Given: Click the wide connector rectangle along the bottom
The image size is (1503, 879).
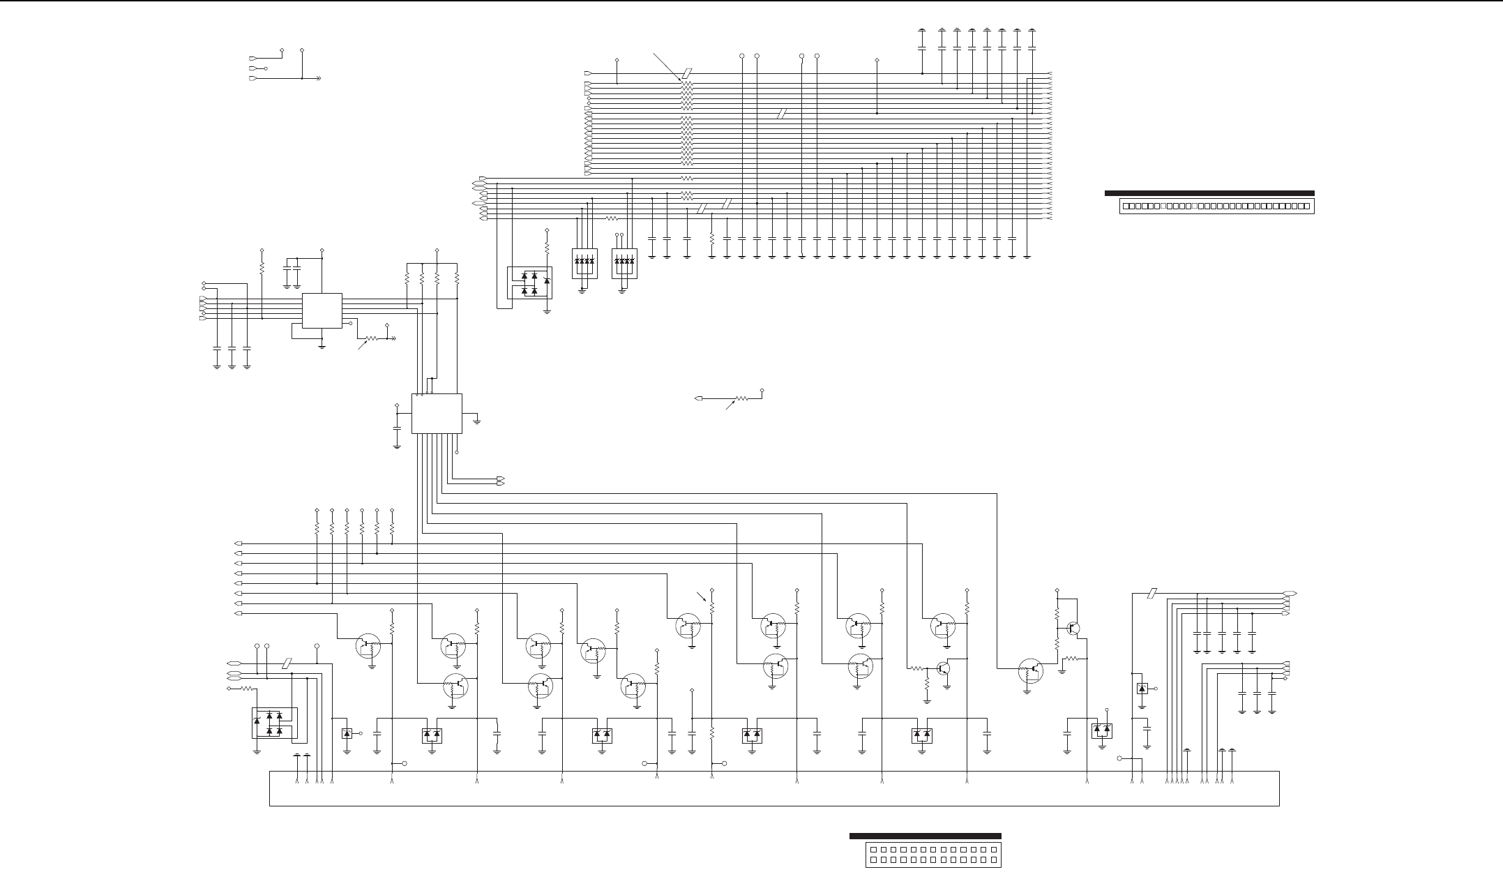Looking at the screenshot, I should click(774, 788).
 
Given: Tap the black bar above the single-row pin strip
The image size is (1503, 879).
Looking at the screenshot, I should click(1209, 193).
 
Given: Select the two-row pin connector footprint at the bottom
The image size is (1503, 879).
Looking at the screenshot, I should click(933, 855).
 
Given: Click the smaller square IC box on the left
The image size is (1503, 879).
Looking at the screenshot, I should click(322, 311).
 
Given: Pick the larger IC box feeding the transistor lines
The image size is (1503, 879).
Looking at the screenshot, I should click(437, 413).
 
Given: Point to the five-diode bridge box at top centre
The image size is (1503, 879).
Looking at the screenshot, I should click(529, 285).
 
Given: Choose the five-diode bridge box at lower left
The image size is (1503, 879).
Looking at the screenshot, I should click(273, 723).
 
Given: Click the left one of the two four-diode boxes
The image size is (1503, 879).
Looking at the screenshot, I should click(584, 264).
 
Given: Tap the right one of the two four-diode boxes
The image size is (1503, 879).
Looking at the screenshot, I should click(624, 264).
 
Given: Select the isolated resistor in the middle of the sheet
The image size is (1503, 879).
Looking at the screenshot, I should click(741, 398).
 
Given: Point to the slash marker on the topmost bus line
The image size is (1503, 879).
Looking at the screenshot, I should click(688, 73).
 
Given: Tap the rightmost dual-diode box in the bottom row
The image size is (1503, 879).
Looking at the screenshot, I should click(1101, 731).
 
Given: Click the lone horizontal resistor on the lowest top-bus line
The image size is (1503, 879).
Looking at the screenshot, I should click(612, 218).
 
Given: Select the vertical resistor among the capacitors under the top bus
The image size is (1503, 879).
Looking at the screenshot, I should click(711, 239).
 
